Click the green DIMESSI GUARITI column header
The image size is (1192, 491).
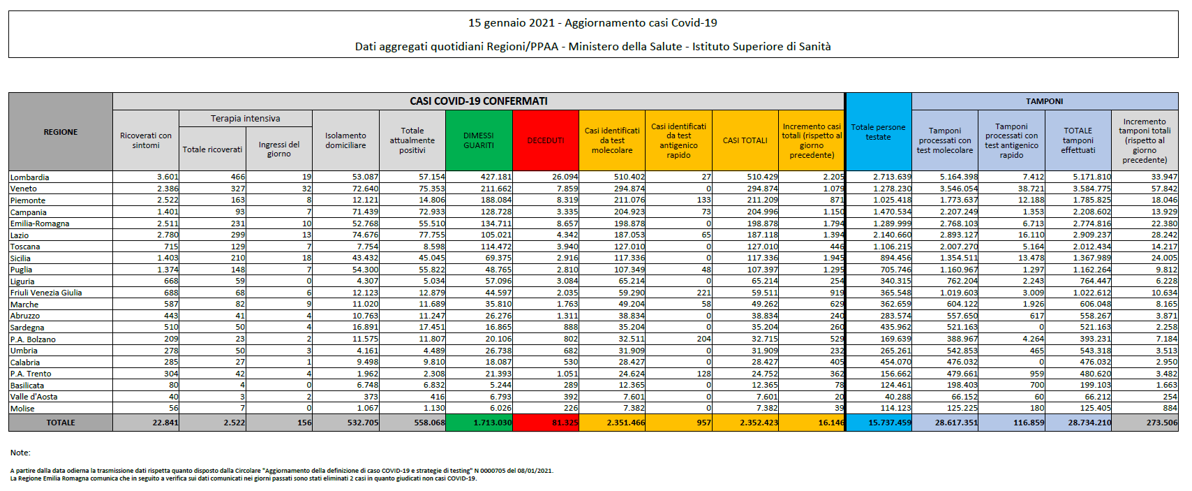tap(478, 140)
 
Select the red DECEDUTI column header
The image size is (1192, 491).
tap(545, 140)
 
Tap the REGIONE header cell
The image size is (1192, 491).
tap(61, 132)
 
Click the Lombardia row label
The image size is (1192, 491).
tap(29, 177)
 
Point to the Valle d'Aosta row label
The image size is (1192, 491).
tap(33, 397)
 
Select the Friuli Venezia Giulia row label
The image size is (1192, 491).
tap(46, 293)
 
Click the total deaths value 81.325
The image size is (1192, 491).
tap(565, 423)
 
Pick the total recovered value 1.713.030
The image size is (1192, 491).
tap(492, 423)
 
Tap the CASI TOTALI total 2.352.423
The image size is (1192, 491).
tap(759, 423)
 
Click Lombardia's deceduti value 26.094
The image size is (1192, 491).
tap(565, 177)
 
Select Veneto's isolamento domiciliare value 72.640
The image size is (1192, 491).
tap(365, 189)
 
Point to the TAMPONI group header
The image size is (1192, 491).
tap(1044, 101)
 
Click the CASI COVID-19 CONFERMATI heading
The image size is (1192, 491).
tap(478, 101)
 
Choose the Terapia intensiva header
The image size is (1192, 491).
tap(245, 119)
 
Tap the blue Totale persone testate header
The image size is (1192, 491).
tap(878, 132)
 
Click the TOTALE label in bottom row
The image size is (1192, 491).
tap(61, 423)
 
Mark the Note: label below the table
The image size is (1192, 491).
tap(20, 453)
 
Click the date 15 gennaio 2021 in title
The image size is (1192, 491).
tap(511, 23)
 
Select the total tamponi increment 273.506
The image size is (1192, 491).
tap(1161, 423)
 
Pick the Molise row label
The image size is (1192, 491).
tap(22, 409)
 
